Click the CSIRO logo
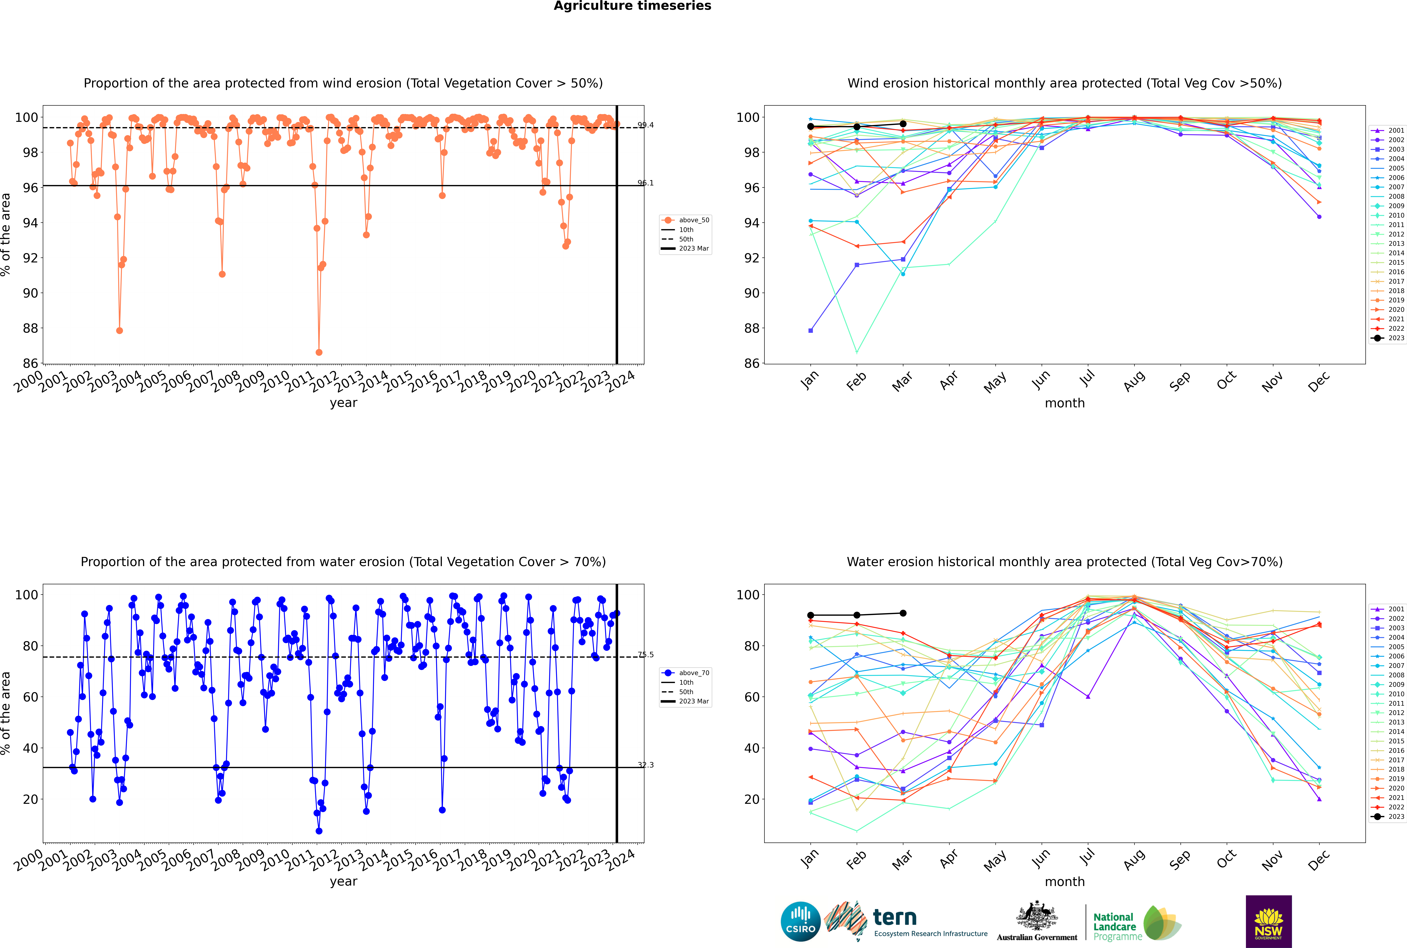(800, 921)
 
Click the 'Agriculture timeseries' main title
(632, 6)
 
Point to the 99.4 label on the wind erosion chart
(645, 125)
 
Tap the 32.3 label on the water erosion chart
(645, 765)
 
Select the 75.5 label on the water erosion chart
(645, 655)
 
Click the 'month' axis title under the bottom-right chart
(1065, 882)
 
